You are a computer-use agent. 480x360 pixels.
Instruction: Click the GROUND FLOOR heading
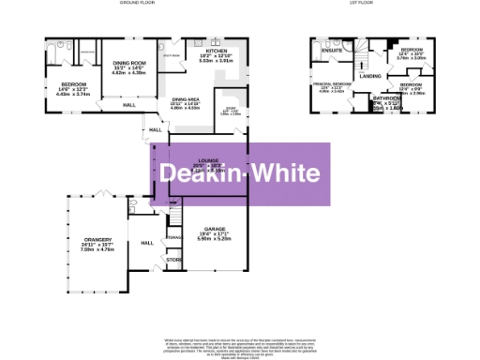137,4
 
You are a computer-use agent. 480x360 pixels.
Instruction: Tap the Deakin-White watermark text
240,173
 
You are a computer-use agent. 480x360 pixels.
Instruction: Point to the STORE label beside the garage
173,260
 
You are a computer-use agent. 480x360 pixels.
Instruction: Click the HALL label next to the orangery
147,243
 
